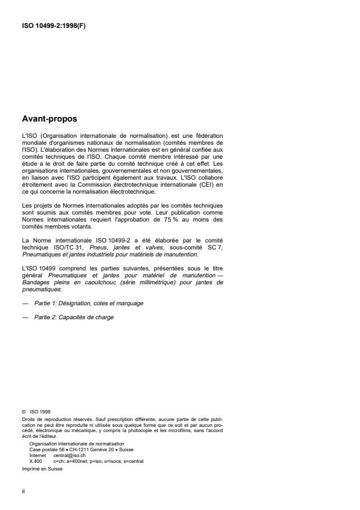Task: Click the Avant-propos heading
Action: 48,120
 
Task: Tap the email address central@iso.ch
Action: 65,455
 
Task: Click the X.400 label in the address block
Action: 35,461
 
